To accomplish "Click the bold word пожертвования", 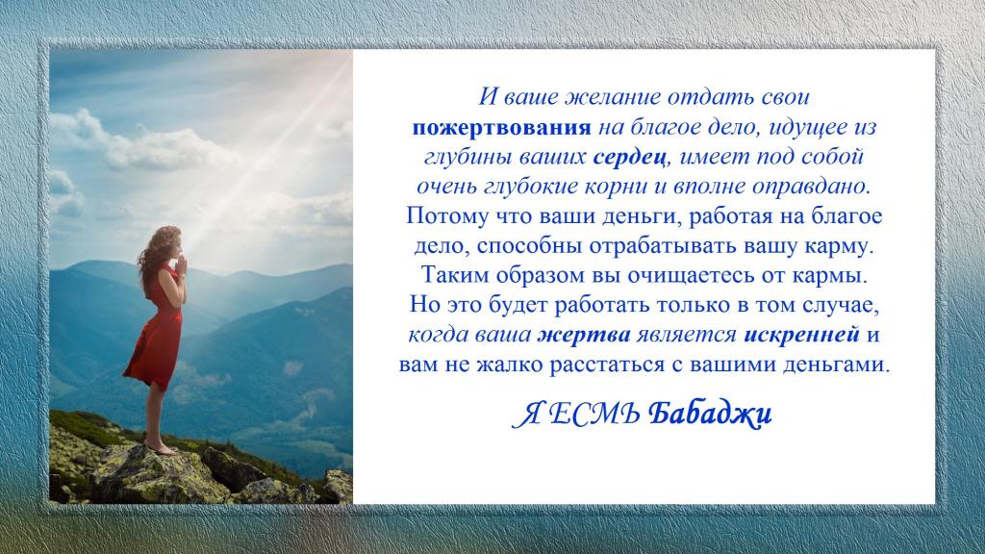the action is (x=501, y=128).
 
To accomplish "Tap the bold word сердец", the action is (x=629, y=157).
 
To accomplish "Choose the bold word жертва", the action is (x=584, y=335).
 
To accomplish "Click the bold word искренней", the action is (x=801, y=335).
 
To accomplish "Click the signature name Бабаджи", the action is (x=710, y=414).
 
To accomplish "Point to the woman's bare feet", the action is (x=161, y=448).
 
